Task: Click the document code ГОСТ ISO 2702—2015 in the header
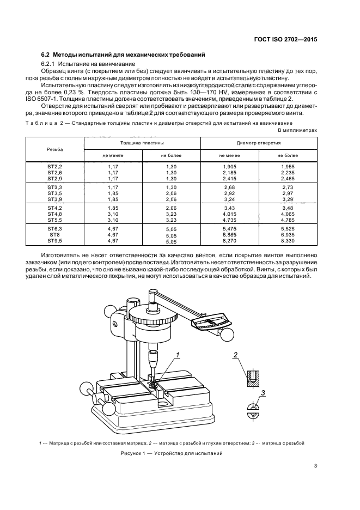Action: click(287, 39)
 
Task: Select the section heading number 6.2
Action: click(46, 55)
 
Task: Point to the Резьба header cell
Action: click(54, 148)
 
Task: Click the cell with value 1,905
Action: click(231, 165)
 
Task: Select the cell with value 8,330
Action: click(288, 240)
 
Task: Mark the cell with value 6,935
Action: click(288, 234)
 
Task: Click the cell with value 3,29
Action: click(288, 199)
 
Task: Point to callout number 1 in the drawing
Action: click(177, 356)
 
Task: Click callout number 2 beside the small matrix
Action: click(235, 356)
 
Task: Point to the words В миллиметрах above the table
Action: click(297, 131)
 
